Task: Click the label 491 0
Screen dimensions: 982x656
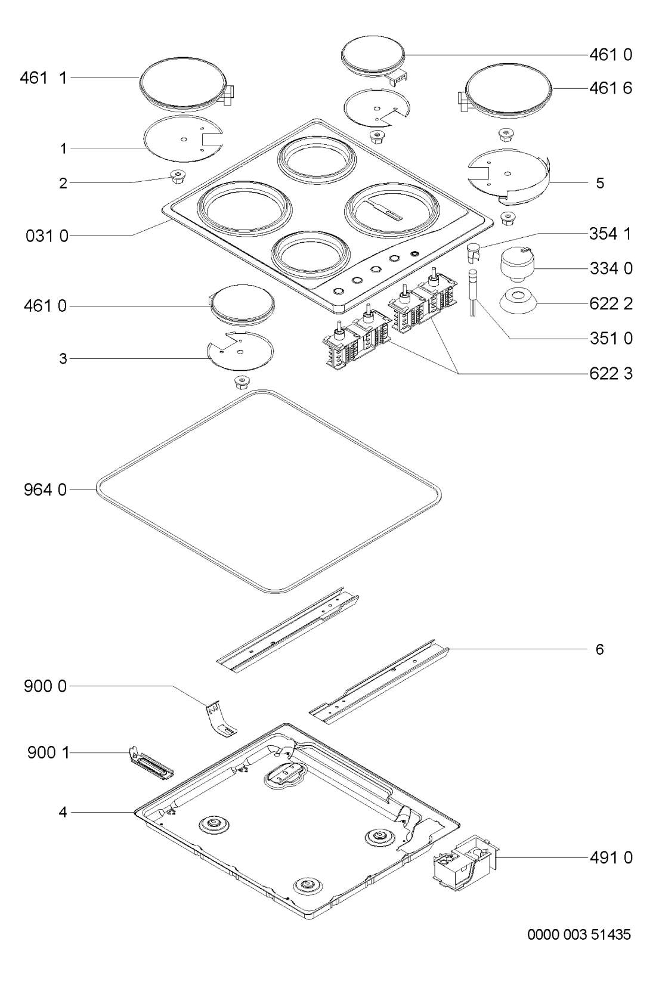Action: pyautogui.click(x=611, y=858)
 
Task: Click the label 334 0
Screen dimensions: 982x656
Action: pyautogui.click(x=611, y=269)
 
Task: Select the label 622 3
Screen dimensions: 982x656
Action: pyautogui.click(x=611, y=374)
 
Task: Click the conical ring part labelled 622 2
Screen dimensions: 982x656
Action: pyautogui.click(x=517, y=300)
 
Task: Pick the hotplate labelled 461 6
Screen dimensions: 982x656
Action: pyautogui.click(x=508, y=92)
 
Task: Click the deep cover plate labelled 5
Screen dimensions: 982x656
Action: pyautogui.click(x=509, y=176)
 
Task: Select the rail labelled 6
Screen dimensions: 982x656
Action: pyautogui.click(x=379, y=681)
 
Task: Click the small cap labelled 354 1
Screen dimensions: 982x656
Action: pyautogui.click(x=474, y=253)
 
